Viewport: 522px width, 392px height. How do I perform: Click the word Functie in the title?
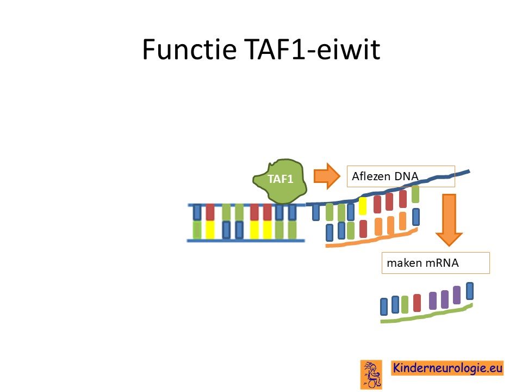189,50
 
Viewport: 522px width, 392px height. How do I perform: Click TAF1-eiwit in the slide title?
312,50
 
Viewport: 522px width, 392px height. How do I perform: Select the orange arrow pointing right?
327,176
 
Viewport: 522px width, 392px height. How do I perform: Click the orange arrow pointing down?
449,220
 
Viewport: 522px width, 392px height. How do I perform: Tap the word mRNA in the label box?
442,263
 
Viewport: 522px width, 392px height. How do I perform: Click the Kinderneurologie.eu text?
448,368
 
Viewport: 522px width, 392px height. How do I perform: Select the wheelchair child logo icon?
371,375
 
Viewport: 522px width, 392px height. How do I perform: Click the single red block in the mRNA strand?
417,303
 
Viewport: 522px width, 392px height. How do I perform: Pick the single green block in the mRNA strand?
405,304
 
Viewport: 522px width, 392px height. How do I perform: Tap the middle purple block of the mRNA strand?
445,299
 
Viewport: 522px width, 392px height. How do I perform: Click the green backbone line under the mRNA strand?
426,314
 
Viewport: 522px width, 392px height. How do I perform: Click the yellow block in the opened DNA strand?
363,206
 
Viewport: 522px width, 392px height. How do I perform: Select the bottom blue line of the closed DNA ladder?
246,240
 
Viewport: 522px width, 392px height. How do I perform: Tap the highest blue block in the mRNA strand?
470,291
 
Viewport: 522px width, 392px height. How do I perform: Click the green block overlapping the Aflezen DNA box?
415,194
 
